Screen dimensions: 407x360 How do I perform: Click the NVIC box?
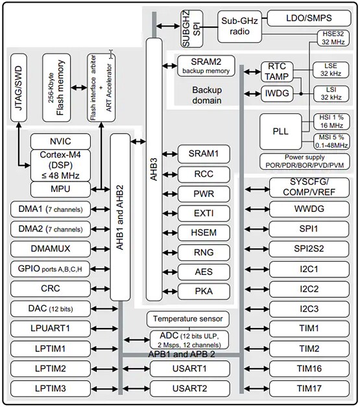59,141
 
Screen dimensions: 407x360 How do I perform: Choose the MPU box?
59,189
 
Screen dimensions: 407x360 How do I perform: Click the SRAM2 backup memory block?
206,65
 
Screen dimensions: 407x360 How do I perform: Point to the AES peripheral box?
204,272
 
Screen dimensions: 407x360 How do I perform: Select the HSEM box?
204,233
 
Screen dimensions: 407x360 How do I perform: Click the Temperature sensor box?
187,319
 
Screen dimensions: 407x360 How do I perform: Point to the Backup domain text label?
207,95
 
